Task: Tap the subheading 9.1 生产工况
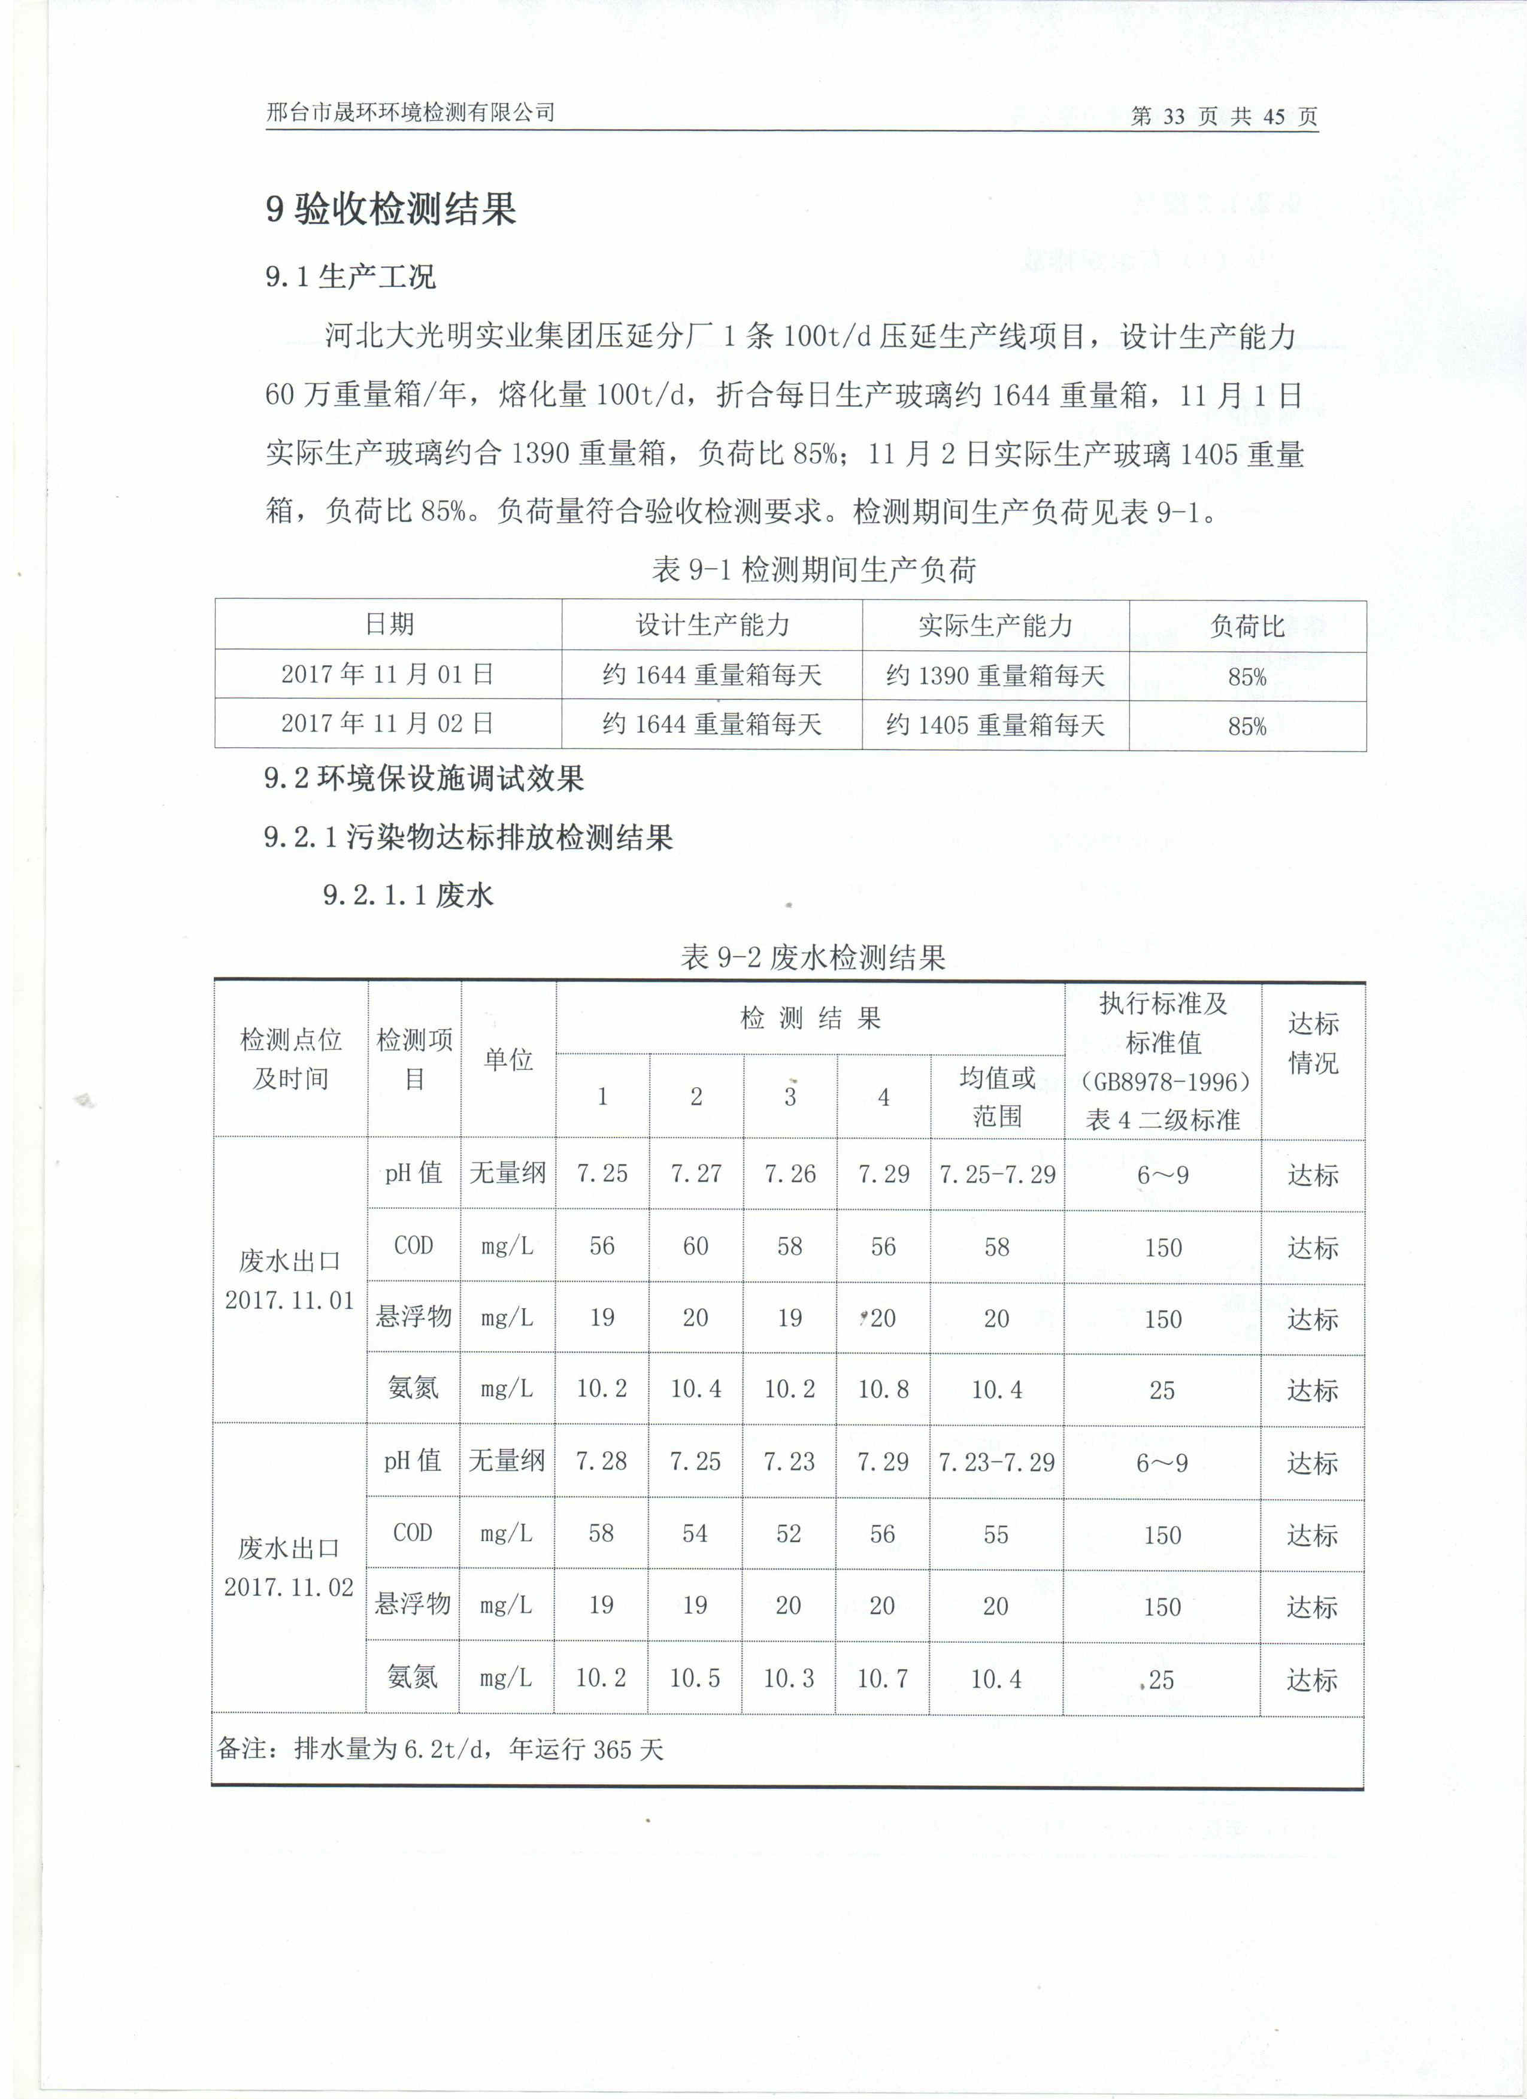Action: (x=350, y=277)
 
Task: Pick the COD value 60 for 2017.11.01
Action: (x=696, y=1246)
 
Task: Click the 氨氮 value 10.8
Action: (x=883, y=1389)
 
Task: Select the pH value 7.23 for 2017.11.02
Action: (x=789, y=1462)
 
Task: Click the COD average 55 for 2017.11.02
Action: (x=996, y=1534)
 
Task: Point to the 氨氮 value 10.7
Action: (x=882, y=1678)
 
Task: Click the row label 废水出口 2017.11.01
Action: (x=290, y=1280)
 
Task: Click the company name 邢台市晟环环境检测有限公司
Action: (x=410, y=113)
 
